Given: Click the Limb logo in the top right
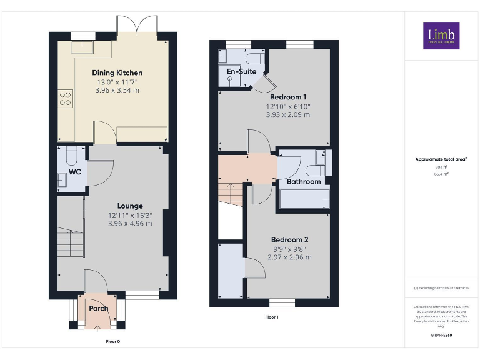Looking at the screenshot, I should tap(441, 36).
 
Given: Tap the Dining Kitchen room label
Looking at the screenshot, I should tap(117, 73).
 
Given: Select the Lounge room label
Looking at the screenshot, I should tap(130, 206).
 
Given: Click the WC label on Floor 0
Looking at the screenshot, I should tap(75, 171).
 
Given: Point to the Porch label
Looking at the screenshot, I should tap(99, 308).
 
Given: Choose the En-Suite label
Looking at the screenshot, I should tap(241, 72).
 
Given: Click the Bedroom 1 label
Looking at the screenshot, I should tap(287, 97).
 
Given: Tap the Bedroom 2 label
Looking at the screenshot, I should tap(289, 240).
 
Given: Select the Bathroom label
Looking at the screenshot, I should tap(304, 182).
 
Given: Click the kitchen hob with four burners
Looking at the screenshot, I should tap(65, 99).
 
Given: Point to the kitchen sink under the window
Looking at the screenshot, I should tap(81, 47).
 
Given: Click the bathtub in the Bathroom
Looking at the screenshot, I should tap(304, 199).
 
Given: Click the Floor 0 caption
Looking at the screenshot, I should tap(112, 342).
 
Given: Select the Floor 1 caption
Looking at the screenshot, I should tap(272, 317).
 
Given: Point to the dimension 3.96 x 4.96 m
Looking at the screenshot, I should tap(130, 223).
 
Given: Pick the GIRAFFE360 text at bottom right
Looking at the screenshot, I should tap(441, 336).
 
